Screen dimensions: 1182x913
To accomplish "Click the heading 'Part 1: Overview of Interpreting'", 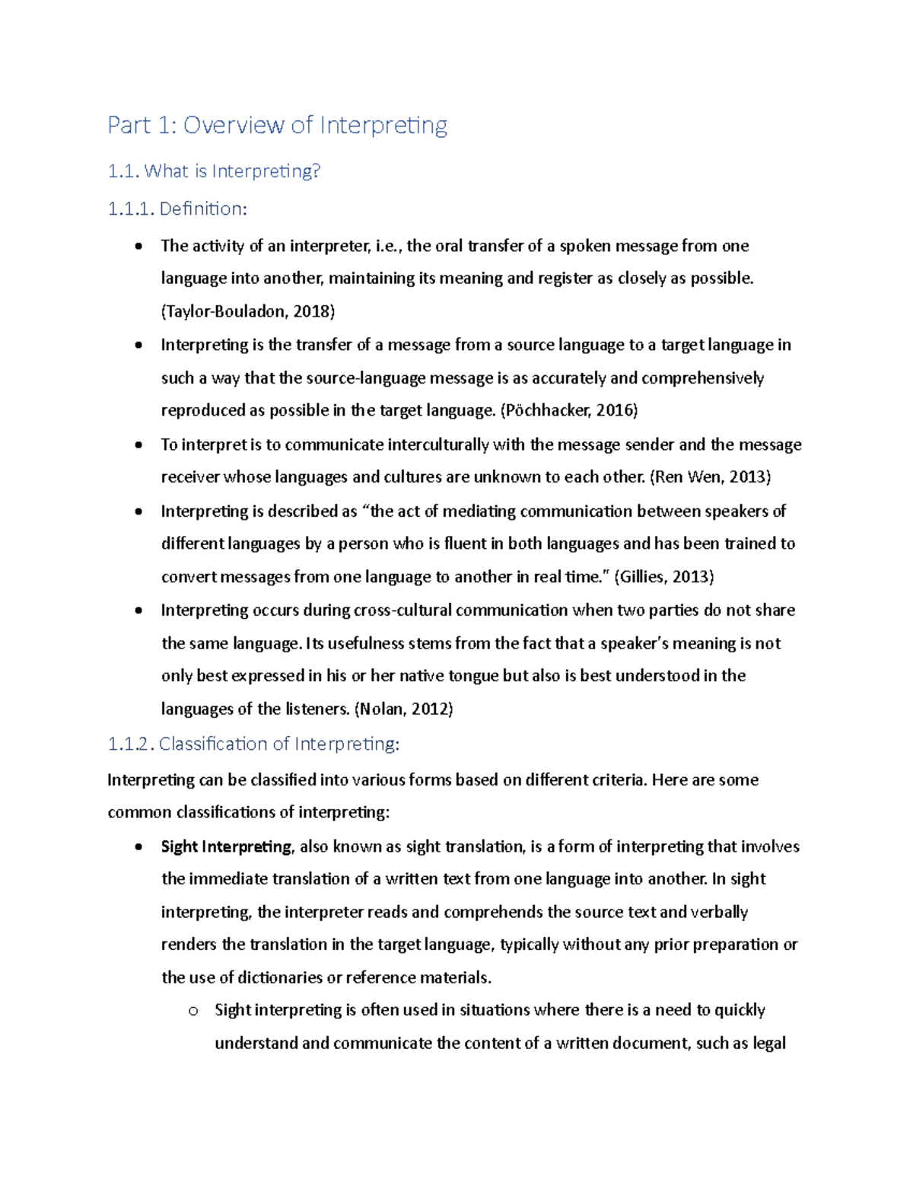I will tap(277, 125).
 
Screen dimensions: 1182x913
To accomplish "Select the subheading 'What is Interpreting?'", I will tap(231, 171).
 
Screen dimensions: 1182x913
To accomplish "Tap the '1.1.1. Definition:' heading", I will tap(177, 209).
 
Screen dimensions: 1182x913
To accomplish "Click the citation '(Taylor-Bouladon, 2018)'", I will tap(248, 311).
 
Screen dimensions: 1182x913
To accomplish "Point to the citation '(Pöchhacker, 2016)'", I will tap(569, 411).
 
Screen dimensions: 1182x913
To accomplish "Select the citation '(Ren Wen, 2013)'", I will tap(710, 477).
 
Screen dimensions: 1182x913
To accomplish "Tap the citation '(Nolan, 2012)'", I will tap(403, 709).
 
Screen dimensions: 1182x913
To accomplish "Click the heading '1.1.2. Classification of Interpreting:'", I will tap(253, 744).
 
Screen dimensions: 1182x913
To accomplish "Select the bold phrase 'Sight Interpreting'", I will tap(226, 847).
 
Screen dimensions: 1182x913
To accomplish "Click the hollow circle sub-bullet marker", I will tap(192, 1012).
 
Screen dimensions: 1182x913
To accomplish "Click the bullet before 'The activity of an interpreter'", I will tap(138, 247).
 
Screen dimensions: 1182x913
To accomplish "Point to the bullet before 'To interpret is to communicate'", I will tap(138, 445).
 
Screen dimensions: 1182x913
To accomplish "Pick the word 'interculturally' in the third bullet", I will tap(437, 444).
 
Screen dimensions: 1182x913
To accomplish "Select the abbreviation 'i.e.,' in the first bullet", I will tap(389, 246).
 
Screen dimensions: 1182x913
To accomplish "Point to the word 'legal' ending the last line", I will tap(768, 1043).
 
